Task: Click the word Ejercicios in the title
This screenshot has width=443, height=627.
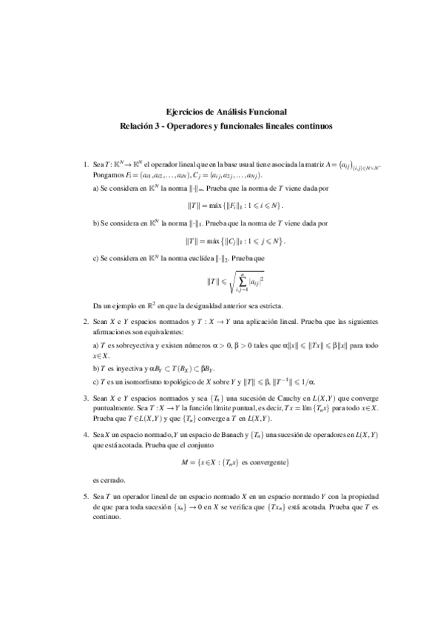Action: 180,112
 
